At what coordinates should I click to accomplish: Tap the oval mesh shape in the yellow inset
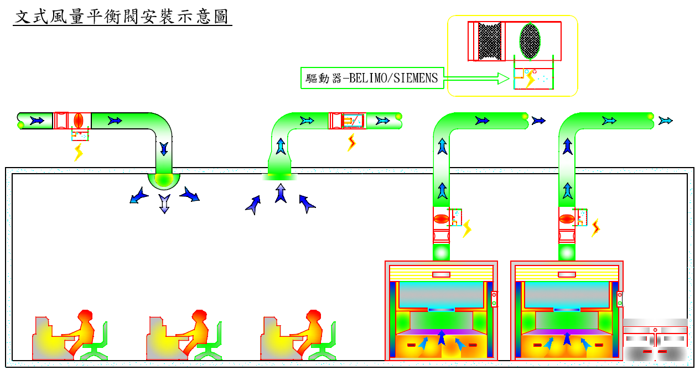tap(530, 40)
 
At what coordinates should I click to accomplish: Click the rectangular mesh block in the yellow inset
tap(489, 41)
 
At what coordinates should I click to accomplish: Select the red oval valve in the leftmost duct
tap(78, 120)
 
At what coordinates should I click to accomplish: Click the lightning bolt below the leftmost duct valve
tap(79, 152)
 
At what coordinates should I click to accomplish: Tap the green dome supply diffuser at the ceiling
tap(164, 179)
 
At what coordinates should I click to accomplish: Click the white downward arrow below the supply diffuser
tap(164, 203)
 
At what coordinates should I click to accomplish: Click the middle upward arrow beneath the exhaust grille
tap(281, 194)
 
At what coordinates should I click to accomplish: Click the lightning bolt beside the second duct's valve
tap(351, 143)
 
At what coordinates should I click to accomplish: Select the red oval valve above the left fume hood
tap(440, 218)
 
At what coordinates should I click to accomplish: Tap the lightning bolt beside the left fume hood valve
tap(468, 228)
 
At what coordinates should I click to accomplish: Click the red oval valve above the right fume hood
tap(566, 218)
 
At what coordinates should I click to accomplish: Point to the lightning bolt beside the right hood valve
tap(596, 227)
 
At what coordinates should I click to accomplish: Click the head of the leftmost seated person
tap(85, 316)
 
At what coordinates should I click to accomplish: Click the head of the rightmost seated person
tap(314, 316)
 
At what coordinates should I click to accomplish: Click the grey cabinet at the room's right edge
tap(655, 340)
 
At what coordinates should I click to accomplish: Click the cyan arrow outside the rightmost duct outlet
tap(666, 120)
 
